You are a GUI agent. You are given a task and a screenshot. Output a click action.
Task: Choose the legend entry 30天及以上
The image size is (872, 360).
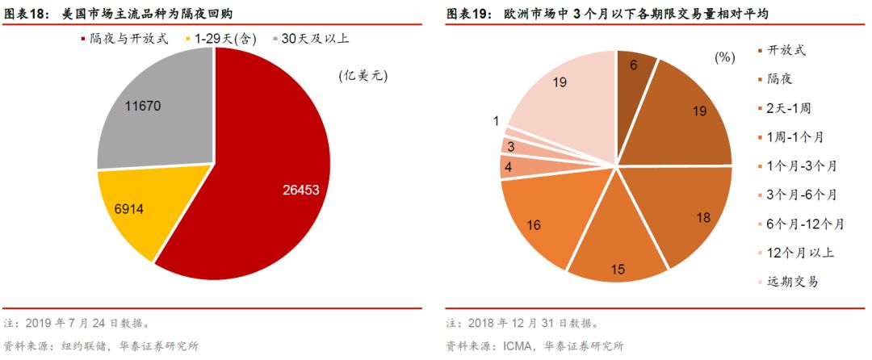[x=315, y=38]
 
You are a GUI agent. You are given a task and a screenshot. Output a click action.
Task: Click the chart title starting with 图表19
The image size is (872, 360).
[x=610, y=14]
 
